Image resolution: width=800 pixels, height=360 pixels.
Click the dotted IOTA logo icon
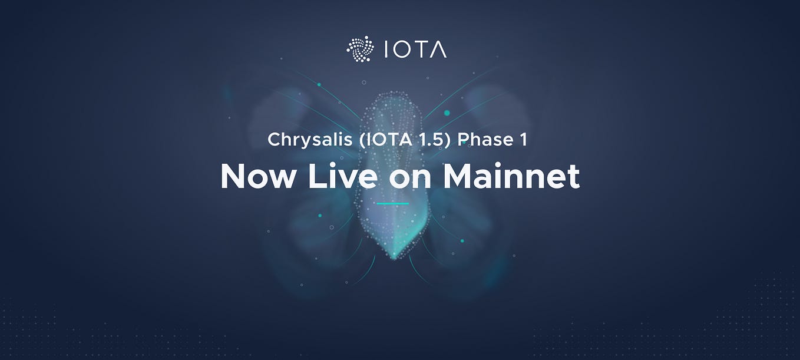tap(361, 49)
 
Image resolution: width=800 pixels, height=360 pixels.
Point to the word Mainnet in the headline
tap(511, 176)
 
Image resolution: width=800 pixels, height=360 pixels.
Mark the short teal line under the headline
tap(392, 204)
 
